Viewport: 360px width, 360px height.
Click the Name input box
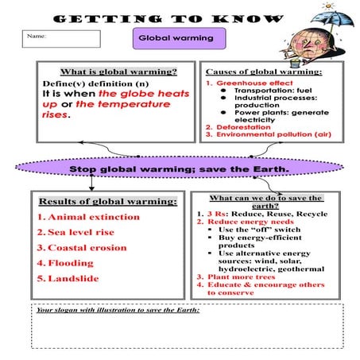[x=63, y=38]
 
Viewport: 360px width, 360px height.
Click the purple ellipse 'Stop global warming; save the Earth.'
[x=178, y=169]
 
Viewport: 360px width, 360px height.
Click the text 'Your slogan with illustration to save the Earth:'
[x=118, y=309]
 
